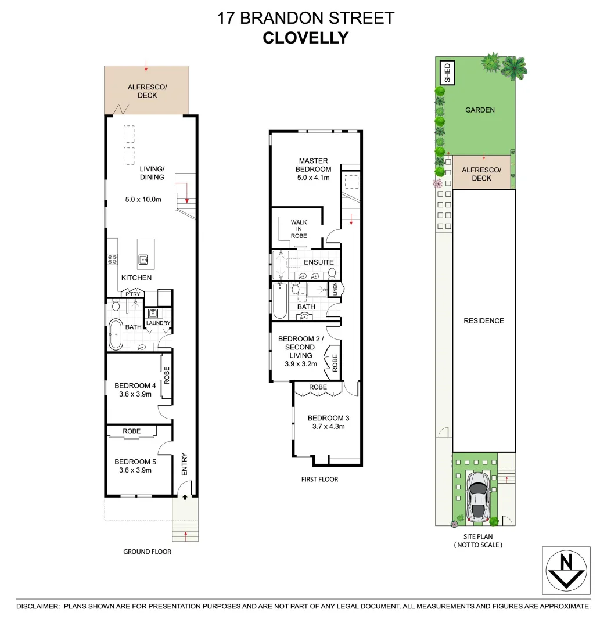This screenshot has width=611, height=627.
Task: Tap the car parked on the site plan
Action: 477,495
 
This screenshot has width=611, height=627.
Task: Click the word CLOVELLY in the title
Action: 305,38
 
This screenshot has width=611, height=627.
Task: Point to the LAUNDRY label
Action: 158,323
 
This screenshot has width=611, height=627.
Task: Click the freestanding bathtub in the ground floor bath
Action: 115,334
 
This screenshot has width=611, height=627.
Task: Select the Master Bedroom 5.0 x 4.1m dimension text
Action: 314,178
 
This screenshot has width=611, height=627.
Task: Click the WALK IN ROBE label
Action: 299,229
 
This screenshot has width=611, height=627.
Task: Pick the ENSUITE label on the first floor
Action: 319,262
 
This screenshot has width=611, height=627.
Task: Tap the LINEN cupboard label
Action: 335,289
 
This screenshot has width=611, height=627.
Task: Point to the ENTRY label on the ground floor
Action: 184,464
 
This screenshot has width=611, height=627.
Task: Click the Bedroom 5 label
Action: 135,462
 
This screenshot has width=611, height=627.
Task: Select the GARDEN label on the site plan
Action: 480,110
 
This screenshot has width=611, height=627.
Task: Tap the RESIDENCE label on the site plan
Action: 483,320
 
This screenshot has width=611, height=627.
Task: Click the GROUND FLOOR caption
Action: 147,552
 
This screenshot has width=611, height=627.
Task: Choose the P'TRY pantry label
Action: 132,294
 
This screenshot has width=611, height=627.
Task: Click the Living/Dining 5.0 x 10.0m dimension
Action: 143,200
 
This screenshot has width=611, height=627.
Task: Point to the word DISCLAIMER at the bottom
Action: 38,606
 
